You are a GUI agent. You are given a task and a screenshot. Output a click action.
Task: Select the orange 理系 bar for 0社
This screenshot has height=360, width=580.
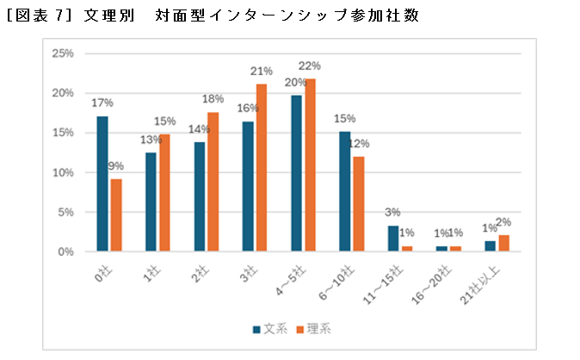click(116, 215)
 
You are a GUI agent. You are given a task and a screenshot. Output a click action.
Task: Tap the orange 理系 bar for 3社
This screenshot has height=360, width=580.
click(262, 168)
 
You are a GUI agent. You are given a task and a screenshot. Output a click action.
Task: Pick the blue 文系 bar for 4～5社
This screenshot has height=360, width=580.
click(296, 173)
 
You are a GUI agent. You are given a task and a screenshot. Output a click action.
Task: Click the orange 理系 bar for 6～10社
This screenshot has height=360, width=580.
click(358, 204)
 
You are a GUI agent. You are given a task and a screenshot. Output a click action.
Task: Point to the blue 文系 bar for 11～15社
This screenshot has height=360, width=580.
click(393, 239)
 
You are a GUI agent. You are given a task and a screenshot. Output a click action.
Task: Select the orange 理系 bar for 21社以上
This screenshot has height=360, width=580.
click(504, 243)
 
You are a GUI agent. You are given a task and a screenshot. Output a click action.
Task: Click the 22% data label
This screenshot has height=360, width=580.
click(310, 66)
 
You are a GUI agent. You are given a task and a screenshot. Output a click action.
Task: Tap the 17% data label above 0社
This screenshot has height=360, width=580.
click(102, 103)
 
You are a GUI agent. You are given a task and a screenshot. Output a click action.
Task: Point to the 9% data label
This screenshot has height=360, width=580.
click(116, 166)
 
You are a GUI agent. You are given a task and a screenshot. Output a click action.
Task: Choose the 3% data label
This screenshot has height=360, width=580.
click(393, 213)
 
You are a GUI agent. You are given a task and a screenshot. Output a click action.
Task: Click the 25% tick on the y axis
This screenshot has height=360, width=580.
click(63, 53)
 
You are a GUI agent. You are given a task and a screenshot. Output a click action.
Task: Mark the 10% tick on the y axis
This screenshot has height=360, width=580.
click(63, 172)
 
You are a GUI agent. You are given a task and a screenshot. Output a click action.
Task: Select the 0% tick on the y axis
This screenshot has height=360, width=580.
click(65, 251)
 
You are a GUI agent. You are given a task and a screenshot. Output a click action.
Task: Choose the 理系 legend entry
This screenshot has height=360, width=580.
click(314, 329)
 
